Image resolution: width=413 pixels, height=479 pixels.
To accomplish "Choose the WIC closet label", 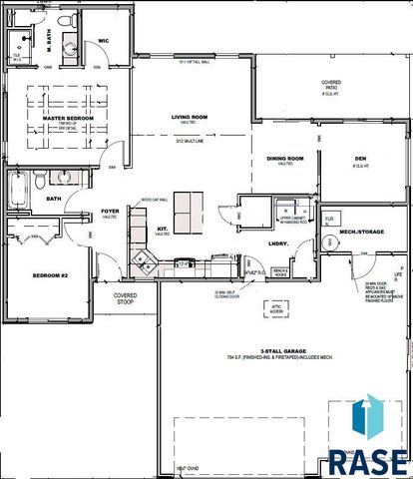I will coord(103,41).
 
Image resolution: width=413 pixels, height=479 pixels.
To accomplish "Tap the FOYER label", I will coord(110,212).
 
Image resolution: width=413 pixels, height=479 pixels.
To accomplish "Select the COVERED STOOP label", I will coord(125,297).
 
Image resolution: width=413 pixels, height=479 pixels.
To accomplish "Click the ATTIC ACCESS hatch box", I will coord(276,307).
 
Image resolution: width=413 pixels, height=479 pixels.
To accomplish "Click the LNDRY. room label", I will coord(277,242).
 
